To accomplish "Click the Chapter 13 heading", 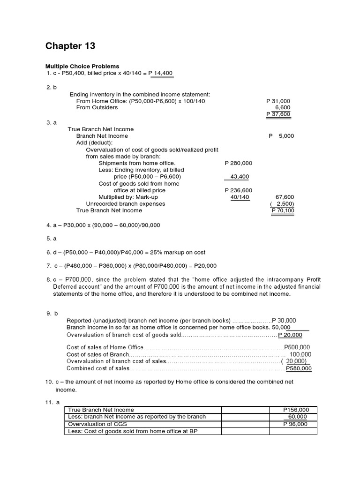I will click(x=70, y=46).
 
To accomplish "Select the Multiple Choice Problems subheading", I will click(x=82, y=66).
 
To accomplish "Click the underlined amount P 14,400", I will click(x=160, y=73).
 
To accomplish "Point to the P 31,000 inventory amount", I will click(x=278, y=101).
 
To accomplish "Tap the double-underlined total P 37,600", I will click(x=278, y=114).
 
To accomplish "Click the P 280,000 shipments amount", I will click(x=238, y=163).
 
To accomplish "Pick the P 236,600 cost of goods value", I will click(x=238, y=190).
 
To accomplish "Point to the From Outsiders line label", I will click(x=97, y=107).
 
